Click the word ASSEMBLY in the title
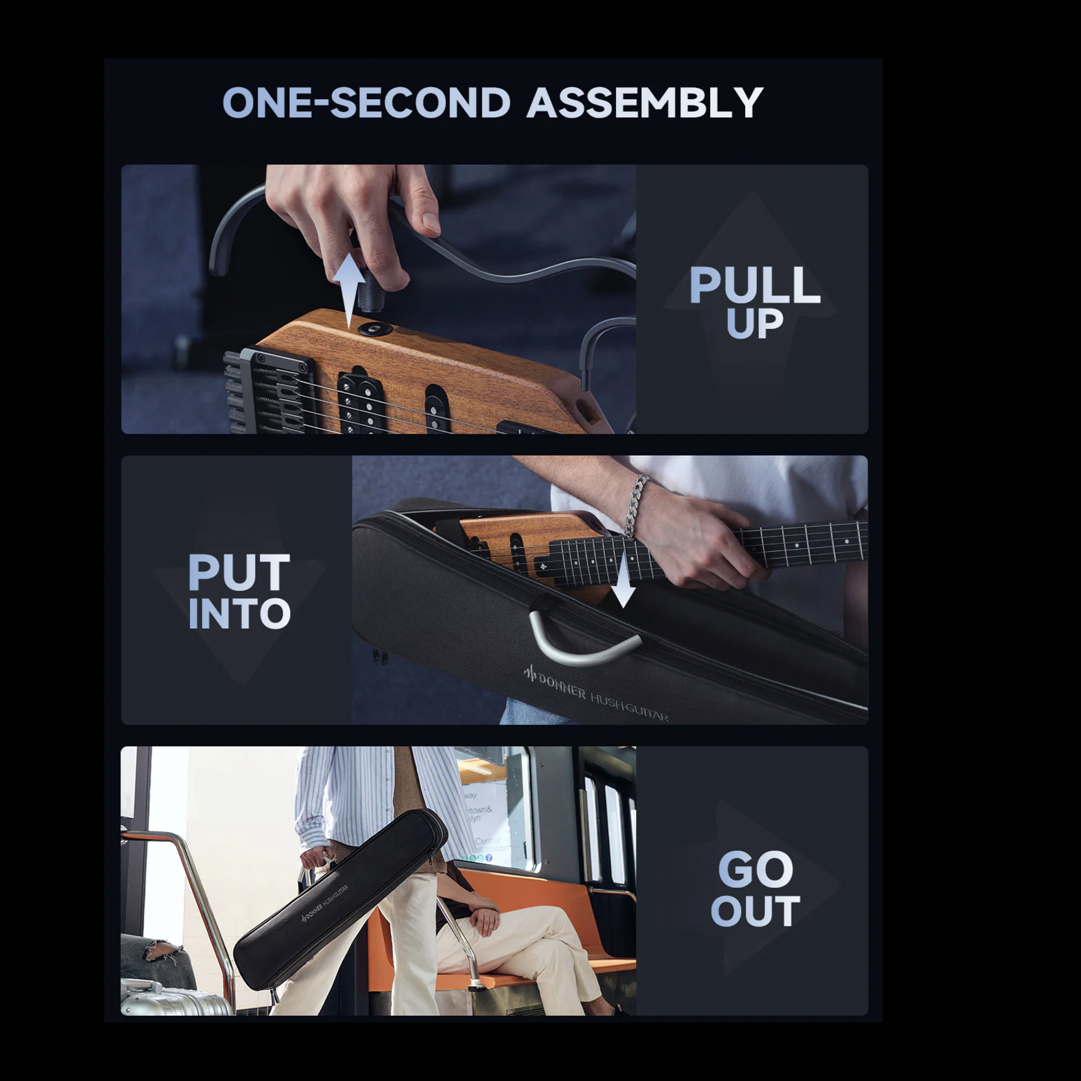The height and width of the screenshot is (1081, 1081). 645,102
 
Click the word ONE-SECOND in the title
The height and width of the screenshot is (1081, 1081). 366,102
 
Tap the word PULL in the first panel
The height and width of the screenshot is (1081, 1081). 755,285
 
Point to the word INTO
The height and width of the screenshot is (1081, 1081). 239,614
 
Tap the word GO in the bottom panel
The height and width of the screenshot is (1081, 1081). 756,869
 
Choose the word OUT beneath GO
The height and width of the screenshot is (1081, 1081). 756,911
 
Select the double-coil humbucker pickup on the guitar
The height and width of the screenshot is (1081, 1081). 358,403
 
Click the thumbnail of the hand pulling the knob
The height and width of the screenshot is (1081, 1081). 378,299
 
